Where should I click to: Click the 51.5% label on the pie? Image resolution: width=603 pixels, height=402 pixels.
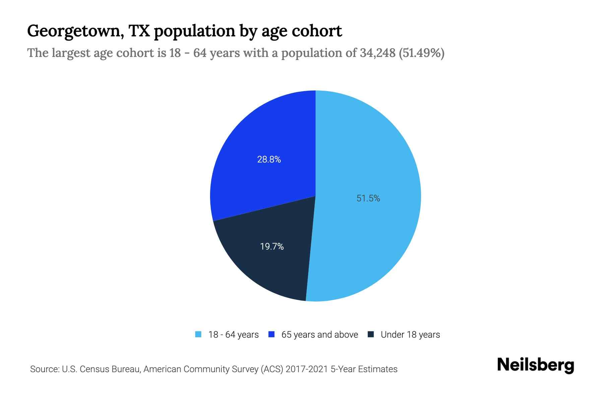click(368, 198)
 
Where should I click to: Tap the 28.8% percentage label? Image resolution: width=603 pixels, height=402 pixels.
click(269, 159)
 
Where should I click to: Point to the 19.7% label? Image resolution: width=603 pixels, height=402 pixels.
click(272, 247)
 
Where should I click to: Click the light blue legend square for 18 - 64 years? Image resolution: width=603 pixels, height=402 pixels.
click(198, 334)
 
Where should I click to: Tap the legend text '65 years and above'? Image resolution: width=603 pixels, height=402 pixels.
click(319, 335)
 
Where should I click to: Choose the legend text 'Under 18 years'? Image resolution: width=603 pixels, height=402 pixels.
click(410, 335)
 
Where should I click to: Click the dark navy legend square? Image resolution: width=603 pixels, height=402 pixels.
click(371, 334)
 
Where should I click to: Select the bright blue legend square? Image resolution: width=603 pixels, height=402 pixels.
click(271, 334)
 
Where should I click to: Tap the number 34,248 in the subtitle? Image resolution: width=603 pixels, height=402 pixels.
click(378, 53)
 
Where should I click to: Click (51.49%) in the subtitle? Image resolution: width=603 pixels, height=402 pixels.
click(421, 53)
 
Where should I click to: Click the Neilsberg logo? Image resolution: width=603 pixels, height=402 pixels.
click(535, 365)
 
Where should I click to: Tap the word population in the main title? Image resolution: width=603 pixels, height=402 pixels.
click(194, 31)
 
